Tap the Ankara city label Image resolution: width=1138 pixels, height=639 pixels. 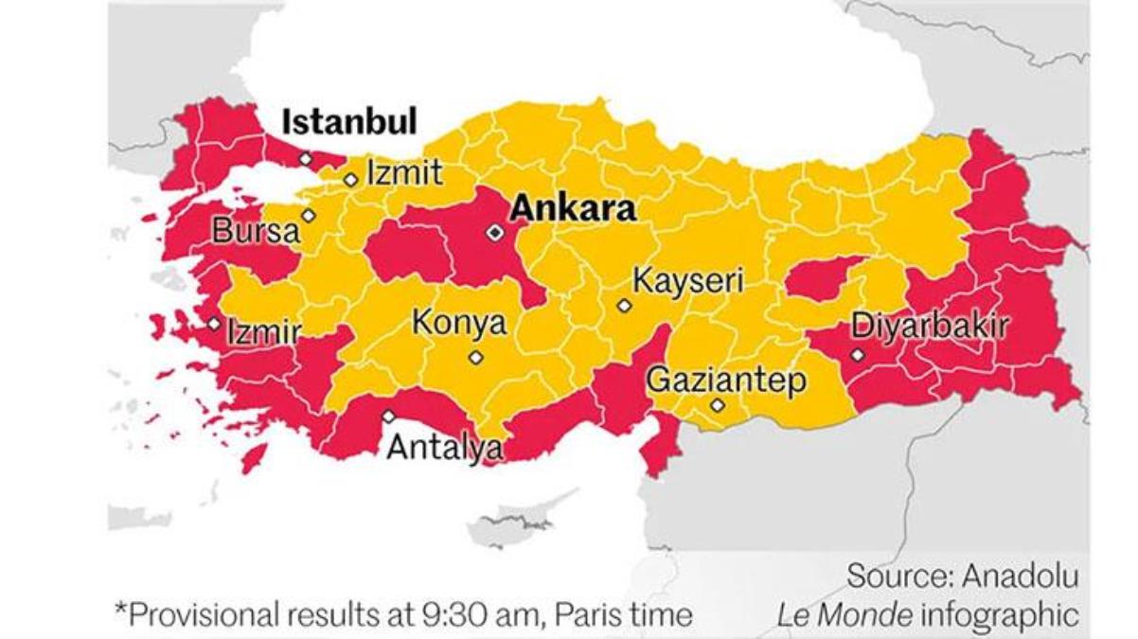coord(572,208)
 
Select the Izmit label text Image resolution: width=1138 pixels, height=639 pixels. coord(404,172)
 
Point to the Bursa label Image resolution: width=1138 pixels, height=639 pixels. coord(255,231)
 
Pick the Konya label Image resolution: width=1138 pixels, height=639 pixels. coord(458,324)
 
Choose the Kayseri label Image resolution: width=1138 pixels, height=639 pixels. coord(688,281)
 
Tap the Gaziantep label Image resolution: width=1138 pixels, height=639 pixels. coord(725,381)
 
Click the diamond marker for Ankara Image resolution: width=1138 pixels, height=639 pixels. coord(494,232)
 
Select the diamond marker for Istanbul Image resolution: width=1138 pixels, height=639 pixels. coord(305,159)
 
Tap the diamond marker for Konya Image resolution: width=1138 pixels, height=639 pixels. coord(475,358)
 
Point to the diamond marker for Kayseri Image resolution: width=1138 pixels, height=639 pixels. coord(624,305)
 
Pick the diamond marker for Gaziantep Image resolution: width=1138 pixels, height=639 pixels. coord(718,405)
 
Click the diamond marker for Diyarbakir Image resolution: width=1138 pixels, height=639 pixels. coord(857,355)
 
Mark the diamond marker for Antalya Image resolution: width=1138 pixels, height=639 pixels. coord(389,416)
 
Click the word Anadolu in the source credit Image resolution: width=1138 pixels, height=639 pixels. coord(1021,576)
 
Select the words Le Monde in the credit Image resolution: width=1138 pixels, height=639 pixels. coord(845,615)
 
